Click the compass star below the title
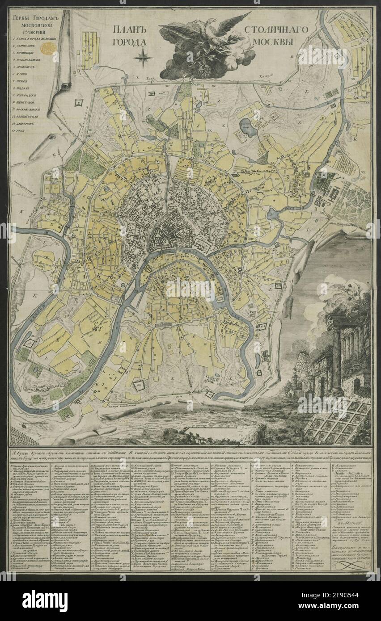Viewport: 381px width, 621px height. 143,57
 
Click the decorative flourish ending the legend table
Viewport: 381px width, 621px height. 350,564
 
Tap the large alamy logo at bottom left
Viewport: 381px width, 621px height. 45,600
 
